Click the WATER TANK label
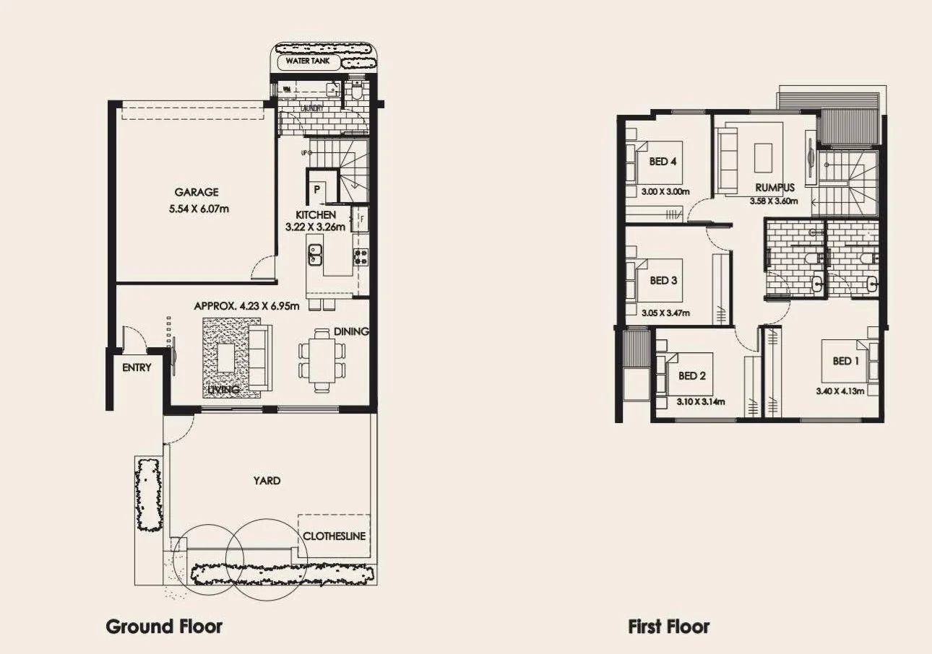308,61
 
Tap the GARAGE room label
196,193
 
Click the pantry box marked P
317,189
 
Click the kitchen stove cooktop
360,255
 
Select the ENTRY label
137,367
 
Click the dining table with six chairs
322,359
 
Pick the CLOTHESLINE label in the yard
334,536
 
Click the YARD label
267,480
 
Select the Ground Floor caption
164,626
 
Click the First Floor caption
669,627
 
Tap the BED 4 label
663,162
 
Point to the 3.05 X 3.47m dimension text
665,313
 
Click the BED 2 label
691,375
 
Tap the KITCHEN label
316,215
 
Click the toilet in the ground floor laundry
357,91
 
